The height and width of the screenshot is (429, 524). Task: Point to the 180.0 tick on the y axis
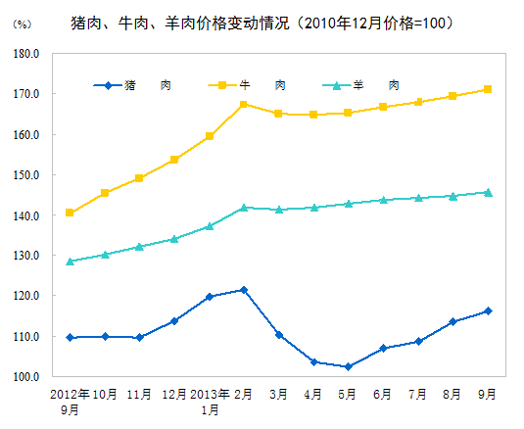pos(25,54)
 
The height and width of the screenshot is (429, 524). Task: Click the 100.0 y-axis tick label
pos(25,377)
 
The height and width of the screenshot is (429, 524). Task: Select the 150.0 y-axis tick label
pos(25,175)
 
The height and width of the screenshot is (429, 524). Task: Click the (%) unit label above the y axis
pos(21,23)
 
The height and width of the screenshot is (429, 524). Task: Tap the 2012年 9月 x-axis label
pos(70,402)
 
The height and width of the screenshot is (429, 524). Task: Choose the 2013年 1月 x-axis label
pos(210,402)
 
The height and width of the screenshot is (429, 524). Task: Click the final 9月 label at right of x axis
pos(487,394)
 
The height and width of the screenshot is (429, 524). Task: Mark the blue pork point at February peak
pos(244,290)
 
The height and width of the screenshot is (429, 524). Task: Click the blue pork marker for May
pos(348,366)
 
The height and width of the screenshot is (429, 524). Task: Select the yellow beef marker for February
pos(244,104)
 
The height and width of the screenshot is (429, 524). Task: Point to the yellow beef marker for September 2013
pos(487,89)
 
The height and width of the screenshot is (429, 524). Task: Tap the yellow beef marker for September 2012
pos(70,213)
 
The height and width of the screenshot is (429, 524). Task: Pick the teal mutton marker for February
pos(244,208)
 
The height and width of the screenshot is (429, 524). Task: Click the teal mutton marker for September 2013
pos(487,192)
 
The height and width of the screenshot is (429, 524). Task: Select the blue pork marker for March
pos(279,335)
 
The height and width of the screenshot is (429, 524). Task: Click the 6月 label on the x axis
pos(383,394)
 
